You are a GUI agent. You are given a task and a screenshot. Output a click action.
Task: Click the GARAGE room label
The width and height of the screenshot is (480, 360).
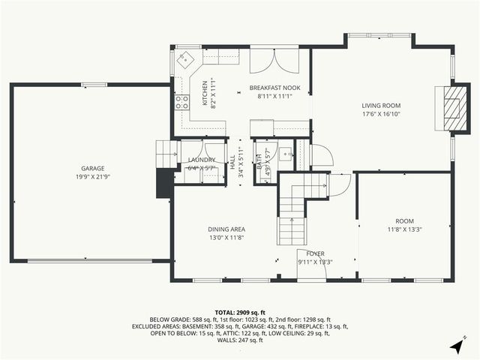point(93,168)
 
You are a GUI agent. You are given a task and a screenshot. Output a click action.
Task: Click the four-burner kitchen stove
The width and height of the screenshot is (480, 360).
point(182,103)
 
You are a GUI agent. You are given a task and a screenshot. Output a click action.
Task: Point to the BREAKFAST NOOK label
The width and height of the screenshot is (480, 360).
point(274,88)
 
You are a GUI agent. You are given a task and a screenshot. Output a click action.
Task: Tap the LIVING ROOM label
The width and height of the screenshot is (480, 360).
point(381,106)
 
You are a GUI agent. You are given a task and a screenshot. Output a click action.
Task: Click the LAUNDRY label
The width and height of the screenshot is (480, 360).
point(202,160)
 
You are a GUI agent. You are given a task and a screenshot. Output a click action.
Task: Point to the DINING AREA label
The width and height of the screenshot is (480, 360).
point(226,229)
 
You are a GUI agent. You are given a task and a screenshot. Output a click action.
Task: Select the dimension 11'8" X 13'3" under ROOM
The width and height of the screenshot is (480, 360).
point(405,229)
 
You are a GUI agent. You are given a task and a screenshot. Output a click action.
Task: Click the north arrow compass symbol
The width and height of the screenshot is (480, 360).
point(457,346)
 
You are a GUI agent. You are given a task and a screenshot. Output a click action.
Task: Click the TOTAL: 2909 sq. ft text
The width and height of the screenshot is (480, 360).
point(240,312)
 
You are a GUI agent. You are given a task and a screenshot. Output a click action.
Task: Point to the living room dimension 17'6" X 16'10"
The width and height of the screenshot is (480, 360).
point(381,115)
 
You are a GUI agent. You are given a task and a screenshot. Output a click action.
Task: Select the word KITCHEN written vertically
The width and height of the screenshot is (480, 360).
point(203,91)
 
